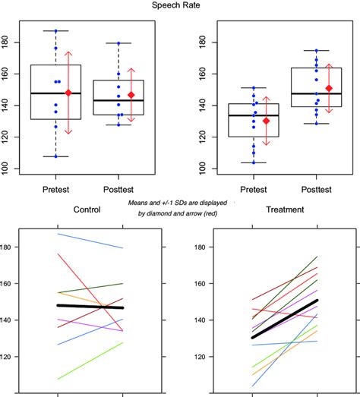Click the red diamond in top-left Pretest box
(x=68, y=93)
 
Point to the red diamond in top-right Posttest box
(x=329, y=89)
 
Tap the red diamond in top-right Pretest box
(x=266, y=121)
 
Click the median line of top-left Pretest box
(x=55, y=93)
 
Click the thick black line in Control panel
(x=90, y=307)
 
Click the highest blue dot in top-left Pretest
(x=55, y=31)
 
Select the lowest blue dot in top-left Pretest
(x=55, y=156)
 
